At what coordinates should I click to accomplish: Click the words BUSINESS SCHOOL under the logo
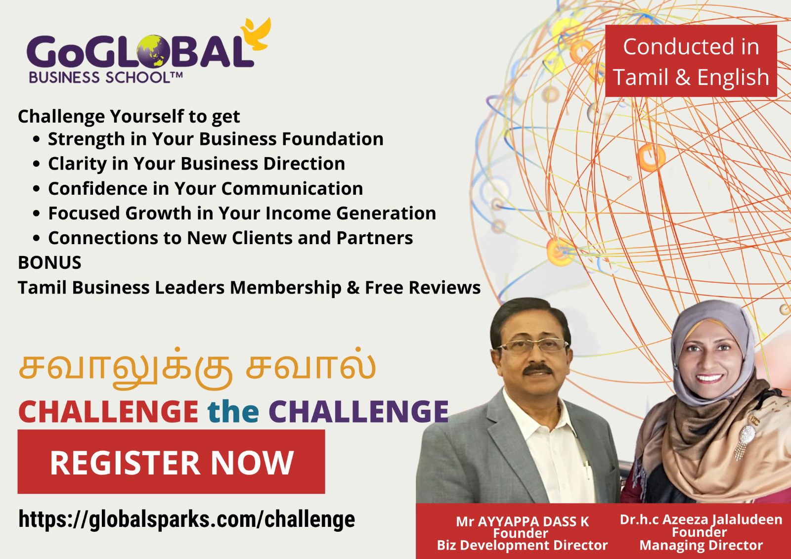point(99,77)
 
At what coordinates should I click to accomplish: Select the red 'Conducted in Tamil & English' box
point(691,61)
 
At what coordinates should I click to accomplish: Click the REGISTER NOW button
point(171,462)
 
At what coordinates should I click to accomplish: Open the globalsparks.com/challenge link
point(187,520)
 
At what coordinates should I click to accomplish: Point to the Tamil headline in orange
point(197,368)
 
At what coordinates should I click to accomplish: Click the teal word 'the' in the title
point(233,411)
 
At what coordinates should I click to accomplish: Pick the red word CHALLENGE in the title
point(108,411)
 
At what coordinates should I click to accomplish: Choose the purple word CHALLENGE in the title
point(358,411)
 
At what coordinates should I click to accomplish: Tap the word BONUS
point(50,263)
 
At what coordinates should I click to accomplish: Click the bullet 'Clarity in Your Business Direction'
point(196,164)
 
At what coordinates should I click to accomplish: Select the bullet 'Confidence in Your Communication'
point(206,189)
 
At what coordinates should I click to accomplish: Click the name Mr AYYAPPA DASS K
point(522,521)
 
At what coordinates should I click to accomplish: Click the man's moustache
point(537,370)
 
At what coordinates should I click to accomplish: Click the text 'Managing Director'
point(701,545)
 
